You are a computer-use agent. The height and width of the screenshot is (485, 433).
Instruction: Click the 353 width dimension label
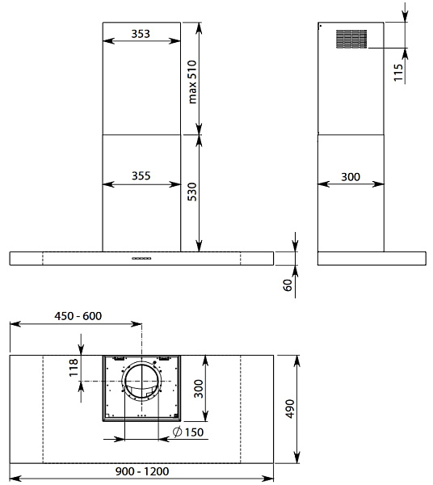[141, 34]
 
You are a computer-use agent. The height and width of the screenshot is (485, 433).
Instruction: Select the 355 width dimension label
[141, 175]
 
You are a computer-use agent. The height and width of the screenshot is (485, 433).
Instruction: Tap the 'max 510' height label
[192, 82]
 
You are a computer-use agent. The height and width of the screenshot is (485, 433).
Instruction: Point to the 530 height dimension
[192, 192]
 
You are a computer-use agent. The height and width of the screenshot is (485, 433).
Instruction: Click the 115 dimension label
[399, 73]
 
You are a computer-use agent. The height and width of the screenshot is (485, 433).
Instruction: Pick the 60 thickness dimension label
[288, 285]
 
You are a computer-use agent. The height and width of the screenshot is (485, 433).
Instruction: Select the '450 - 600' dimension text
[78, 316]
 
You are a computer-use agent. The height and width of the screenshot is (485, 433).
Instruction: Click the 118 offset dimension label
[74, 368]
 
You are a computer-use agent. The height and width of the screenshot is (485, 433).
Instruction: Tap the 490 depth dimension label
[290, 408]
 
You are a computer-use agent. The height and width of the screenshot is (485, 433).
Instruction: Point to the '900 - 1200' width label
[142, 471]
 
